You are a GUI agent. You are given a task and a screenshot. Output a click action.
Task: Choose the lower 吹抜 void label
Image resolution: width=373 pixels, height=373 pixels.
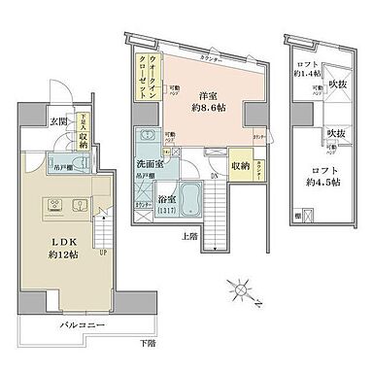click(x=337, y=133)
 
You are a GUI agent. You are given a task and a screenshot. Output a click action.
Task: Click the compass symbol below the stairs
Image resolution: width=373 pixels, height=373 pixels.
click(x=242, y=289)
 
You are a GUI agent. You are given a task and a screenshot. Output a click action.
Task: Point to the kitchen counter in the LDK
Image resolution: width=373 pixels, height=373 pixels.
click(x=55, y=206)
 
